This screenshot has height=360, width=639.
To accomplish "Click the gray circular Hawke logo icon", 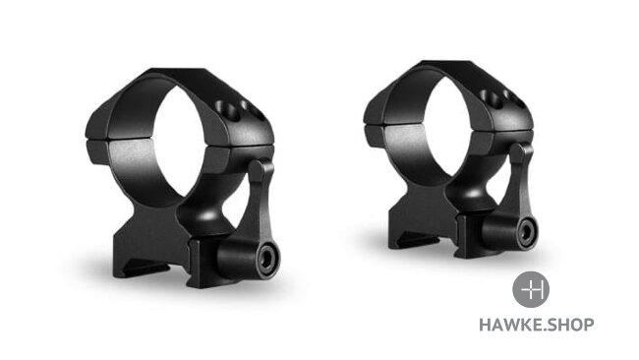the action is click(531, 289).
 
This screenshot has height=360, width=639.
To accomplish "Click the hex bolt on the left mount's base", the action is click(267, 260).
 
